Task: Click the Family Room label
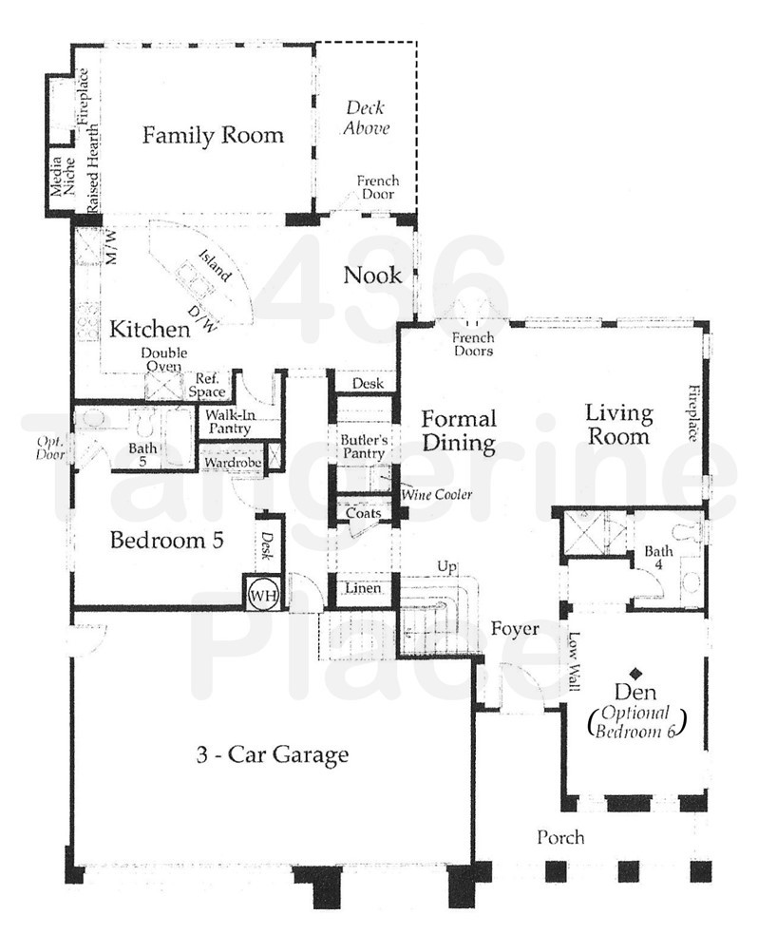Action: (213, 135)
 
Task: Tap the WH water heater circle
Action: (261, 594)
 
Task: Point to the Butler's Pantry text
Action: (364, 448)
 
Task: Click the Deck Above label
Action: (367, 118)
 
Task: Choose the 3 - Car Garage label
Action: (273, 756)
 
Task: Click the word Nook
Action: (372, 276)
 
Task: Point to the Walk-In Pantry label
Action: (226, 422)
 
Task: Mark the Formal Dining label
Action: (459, 430)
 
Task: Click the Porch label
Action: (560, 838)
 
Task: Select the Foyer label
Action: (515, 629)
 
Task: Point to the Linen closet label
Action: (363, 589)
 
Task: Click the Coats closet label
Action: (364, 514)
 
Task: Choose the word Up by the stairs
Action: (445, 567)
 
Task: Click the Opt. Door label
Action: (50, 448)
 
